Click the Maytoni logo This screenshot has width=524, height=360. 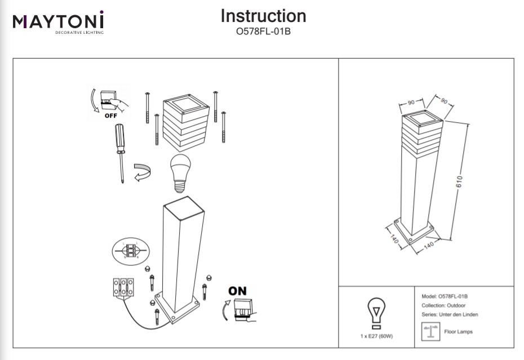point(58,22)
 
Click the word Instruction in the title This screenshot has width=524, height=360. point(263,16)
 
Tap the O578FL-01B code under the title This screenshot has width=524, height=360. point(263,32)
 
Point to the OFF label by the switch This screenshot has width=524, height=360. point(110,115)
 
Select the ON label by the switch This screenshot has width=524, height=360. point(237,291)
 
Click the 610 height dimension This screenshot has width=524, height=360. point(459,180)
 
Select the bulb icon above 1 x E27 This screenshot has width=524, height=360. point(376,314)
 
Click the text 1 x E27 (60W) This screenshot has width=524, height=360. point(376,336)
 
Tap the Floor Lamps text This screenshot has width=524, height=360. point(459,332)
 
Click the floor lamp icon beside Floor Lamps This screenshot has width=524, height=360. point(431,331)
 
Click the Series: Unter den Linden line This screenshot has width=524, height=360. point(450,314)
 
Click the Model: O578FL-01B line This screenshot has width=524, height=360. point(445,296)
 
